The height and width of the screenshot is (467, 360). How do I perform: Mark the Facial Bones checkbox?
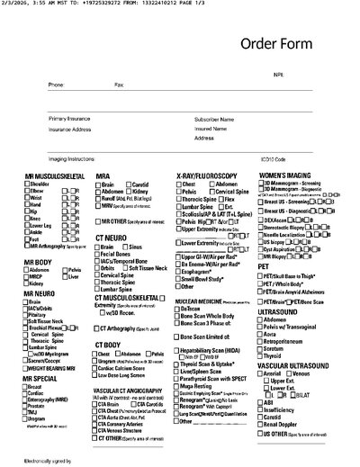tap(98, 254)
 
